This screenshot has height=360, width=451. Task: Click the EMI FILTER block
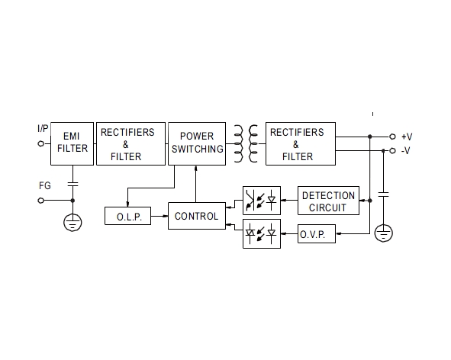72,143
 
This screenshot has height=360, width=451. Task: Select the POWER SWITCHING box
196,143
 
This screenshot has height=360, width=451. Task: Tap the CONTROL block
196,216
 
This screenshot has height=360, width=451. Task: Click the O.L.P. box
127,217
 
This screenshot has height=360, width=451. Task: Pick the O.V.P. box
317,235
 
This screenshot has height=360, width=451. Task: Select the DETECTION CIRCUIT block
328,201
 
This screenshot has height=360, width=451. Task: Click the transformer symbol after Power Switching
245,143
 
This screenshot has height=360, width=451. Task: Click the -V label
405,150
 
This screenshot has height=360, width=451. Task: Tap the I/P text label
43,130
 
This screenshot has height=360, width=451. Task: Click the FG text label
44,185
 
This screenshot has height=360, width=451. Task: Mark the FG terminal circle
41,201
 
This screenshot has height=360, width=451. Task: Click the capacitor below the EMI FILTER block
72,184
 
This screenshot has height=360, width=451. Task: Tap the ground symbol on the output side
384,232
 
